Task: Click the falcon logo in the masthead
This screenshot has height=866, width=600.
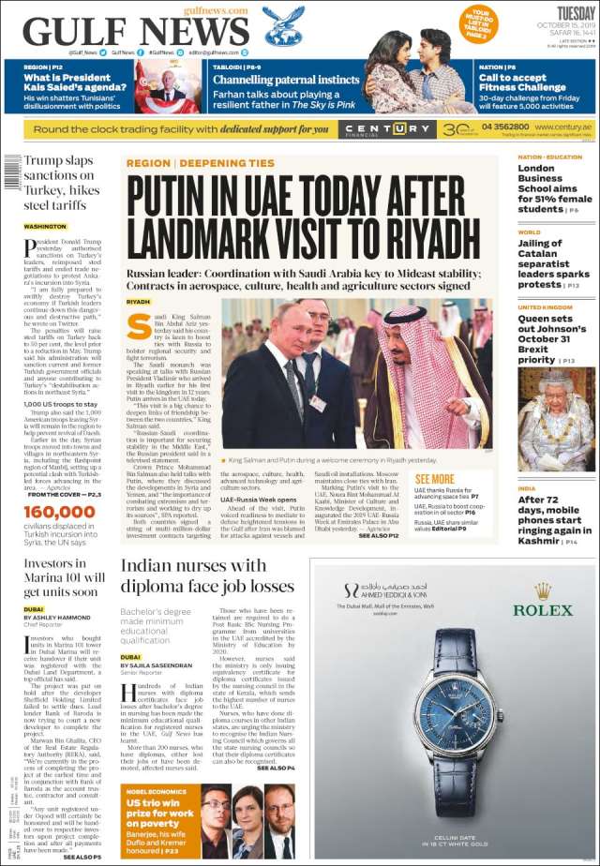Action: click(282, 25)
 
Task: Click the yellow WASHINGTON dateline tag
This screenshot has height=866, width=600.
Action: click(45, 227)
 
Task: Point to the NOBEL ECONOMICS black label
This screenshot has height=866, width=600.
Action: click(151, 791)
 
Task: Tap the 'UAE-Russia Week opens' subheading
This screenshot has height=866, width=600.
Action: click(262, 500)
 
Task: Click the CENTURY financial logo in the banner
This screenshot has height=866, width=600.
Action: click(373, 128)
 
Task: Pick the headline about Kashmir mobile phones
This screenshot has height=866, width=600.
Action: click(551, 519)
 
